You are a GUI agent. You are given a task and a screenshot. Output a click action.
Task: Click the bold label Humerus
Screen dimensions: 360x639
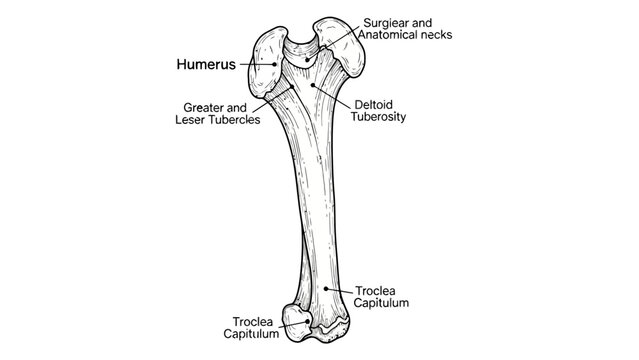205,64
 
